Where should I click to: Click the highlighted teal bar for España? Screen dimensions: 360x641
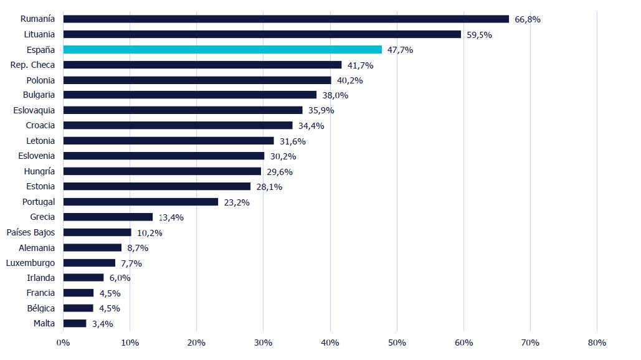click(x=222, y=50)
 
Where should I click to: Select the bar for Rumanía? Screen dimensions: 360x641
click(x=286, y=19)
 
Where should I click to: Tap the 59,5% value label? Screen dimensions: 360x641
click(x=479, y=35)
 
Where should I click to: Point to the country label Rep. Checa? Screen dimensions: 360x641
click(x=32, y=65)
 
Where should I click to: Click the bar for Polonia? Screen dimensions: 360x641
click(x=197, y=80)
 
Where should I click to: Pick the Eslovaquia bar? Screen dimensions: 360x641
click(x=183, y=110)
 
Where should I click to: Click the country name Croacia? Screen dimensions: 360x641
click(x=40, y=125)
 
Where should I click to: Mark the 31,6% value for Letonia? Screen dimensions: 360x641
click(x=292, y=141)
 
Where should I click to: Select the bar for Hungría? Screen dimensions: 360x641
click(x=162, y=171)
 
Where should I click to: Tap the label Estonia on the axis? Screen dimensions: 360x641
click(x=40, y=186)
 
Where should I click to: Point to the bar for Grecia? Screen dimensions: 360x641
click(x=108, y=217)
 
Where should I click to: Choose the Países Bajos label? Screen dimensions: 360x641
click(x=31, y=232)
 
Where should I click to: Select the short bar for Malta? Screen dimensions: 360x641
click(x=75, y=323)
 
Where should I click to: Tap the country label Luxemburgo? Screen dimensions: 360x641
click(x=31, y=263)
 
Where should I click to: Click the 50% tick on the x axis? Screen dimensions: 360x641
click(x=397, y=343)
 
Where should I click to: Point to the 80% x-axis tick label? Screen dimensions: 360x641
click(x=597, y=343)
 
